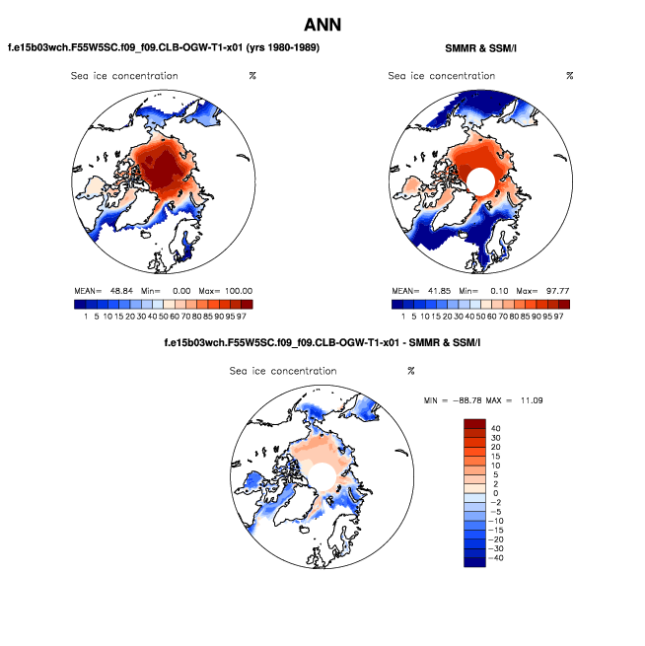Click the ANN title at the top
[322, 24]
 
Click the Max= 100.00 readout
[230, 291]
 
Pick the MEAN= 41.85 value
[415, 291]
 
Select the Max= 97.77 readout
[547, 291]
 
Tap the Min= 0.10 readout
[483, 291]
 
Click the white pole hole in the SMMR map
[480, 180]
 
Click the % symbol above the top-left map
[252, 76]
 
